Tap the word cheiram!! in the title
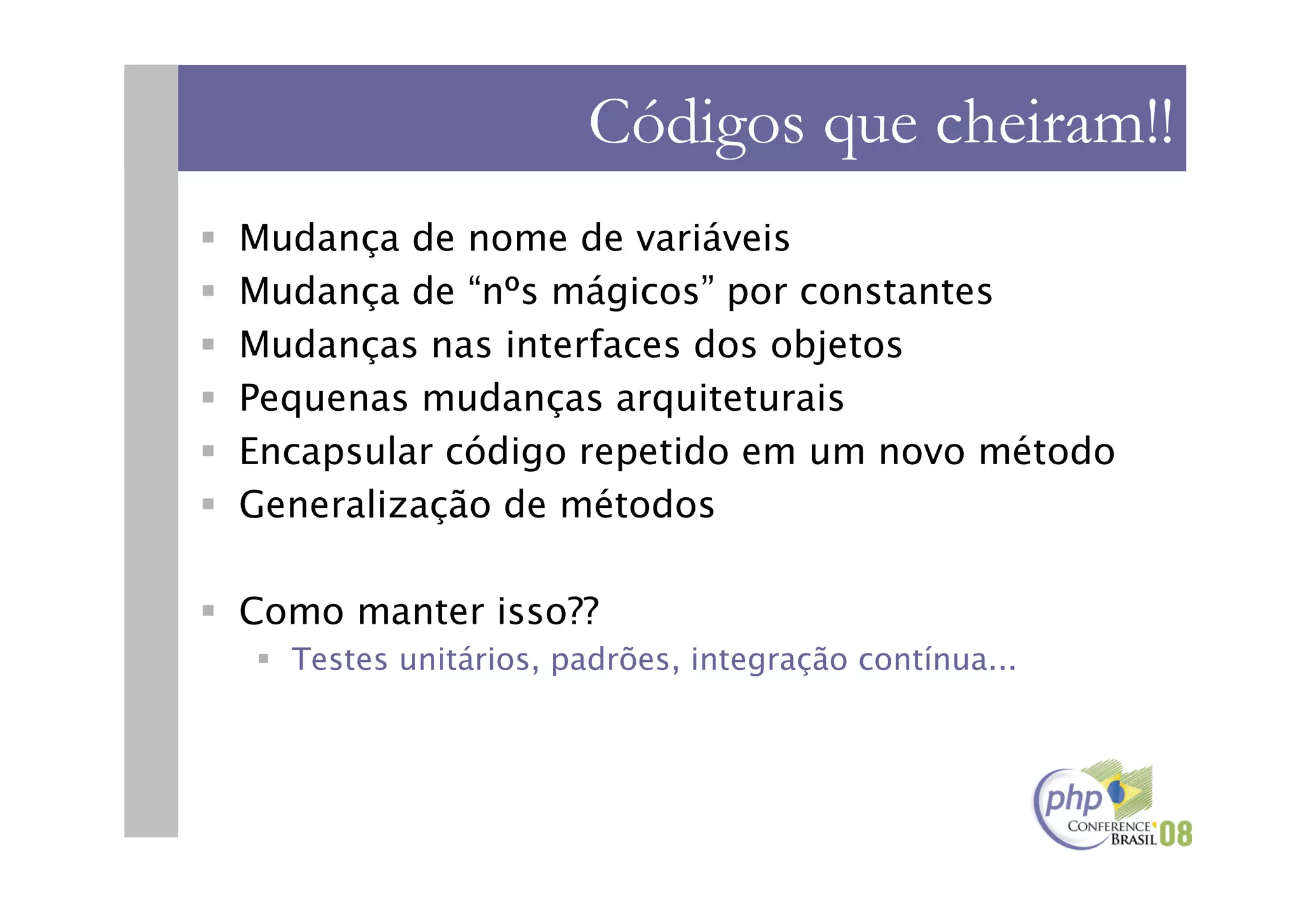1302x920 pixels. (1053, 122)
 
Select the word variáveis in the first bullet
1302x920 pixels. (713, 238)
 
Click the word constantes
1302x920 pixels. (896, 292)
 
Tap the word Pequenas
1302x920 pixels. (324, 399)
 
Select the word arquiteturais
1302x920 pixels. (730, 399)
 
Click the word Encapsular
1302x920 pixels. (336, 452)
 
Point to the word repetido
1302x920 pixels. (654, 452)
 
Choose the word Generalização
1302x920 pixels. (365, 505)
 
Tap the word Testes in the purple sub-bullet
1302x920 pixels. (339, 659)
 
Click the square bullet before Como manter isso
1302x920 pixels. (208, 611)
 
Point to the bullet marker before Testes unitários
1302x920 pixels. (263, 659)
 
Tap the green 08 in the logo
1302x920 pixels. (1175, 834)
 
